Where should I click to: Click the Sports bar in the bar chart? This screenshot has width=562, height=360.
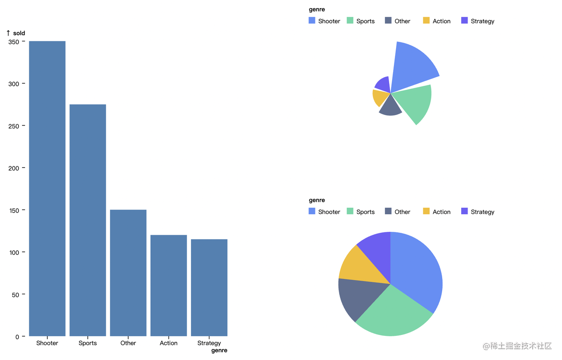(x=87, y=220)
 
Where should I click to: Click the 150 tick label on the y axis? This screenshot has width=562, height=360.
(x=14, y=210)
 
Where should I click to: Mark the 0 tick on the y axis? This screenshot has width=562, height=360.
(x=17, y=337)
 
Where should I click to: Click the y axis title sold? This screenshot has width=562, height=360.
(x=19, y=33)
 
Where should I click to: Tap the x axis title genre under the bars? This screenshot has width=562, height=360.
(x=219, y=351)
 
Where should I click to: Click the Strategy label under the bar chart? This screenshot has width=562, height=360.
(x=209, y=343)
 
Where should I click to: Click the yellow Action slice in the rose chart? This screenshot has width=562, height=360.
(x=380, y=97)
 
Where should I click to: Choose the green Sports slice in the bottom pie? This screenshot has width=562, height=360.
(x=392, y=315)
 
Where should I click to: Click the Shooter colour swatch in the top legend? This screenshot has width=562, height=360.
(x=312, y=20)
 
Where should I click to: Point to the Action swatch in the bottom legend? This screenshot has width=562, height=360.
(x=426, y=211)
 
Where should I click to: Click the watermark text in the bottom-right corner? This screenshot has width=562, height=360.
(x=517, y=346)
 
